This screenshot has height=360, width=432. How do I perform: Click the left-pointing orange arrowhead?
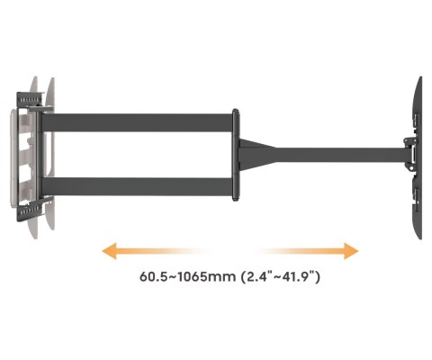coord(109,251)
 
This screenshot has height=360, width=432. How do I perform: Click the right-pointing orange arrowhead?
coord(351,251)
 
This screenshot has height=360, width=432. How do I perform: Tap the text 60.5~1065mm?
coord(188,276)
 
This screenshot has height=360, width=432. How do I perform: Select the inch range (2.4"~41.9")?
coord(281,276)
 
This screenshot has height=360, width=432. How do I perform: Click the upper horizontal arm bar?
coord(137,122)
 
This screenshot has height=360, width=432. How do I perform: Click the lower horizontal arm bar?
coord(137,186)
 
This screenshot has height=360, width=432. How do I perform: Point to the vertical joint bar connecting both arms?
coord(236,155)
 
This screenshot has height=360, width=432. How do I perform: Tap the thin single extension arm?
coord(340,155)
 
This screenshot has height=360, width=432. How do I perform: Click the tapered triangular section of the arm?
coord(257,155)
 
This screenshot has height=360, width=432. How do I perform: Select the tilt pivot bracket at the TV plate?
coord(410,155)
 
